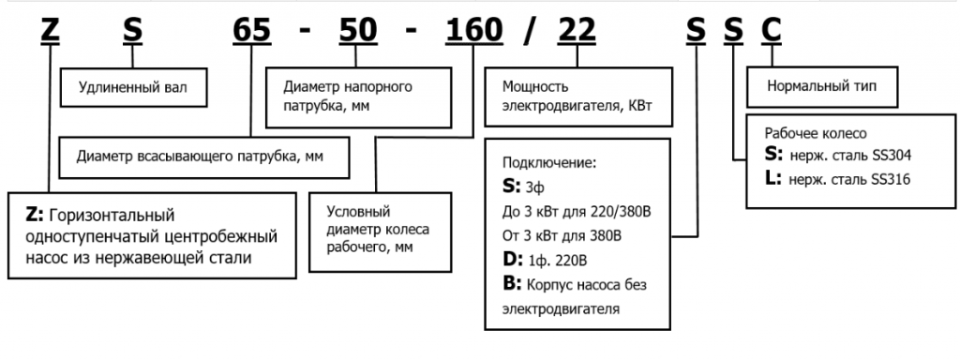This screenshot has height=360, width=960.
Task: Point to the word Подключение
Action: pyautogui.click(x=550, y=161)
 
